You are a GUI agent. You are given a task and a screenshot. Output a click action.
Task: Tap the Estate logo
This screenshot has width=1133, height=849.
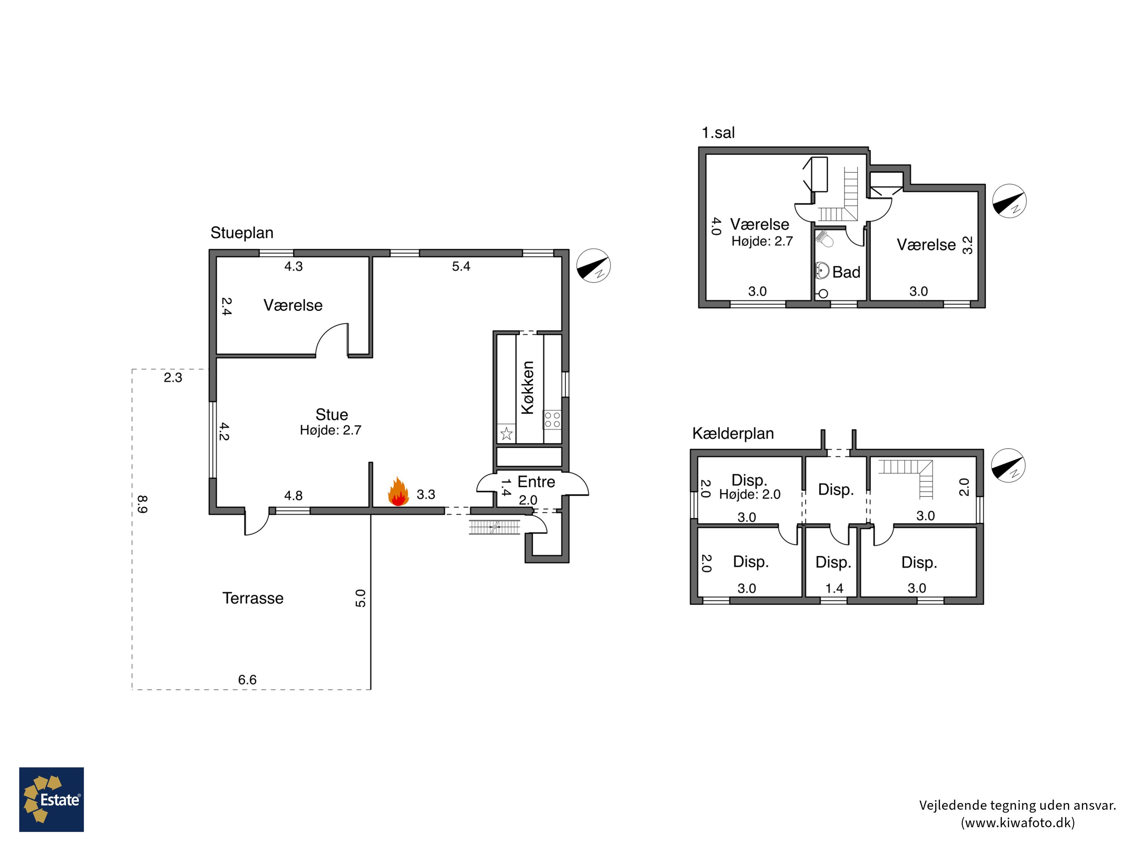click(51, 799)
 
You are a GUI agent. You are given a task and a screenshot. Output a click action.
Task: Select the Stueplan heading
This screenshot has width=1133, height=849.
click(242, 233)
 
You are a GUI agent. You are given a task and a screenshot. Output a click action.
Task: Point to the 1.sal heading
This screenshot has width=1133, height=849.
click(718, 133)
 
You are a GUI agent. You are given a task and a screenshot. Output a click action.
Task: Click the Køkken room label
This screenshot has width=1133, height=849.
click(527, 388)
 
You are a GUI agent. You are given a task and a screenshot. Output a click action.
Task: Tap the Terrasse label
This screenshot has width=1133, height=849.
click(253, 598)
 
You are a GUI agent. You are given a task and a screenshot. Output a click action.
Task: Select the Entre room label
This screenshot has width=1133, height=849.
click(536, 481)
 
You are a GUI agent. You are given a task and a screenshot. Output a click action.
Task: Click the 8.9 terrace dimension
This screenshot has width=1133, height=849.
click(142, 504)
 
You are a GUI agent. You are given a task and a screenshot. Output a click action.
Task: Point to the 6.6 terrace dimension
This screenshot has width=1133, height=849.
click(247, 680)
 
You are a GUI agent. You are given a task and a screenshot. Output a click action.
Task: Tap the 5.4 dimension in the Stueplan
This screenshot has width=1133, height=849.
click(461, 266)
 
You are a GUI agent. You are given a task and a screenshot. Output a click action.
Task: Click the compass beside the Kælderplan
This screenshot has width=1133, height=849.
click(1008, 466)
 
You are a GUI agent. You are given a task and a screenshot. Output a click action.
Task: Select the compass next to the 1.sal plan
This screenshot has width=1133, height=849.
click(1009, 201)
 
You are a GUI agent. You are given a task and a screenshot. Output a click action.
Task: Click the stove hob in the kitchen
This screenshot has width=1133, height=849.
click(552, 420)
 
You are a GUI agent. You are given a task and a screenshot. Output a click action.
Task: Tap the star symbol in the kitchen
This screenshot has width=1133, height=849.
click(506, 434)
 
